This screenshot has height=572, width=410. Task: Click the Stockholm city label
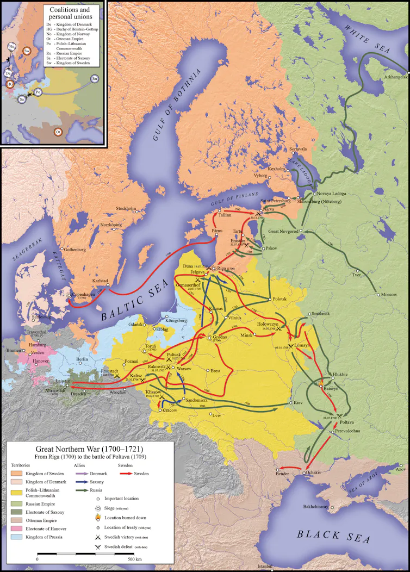[125, 209]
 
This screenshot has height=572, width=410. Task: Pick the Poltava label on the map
[347, 422]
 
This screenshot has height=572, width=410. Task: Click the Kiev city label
[298, 403]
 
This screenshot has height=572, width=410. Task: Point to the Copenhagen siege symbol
[69, 294]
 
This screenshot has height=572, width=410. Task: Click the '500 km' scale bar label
[135, 559]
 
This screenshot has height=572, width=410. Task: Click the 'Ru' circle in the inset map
[95, 78]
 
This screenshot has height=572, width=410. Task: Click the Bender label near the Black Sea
[282, 474]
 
